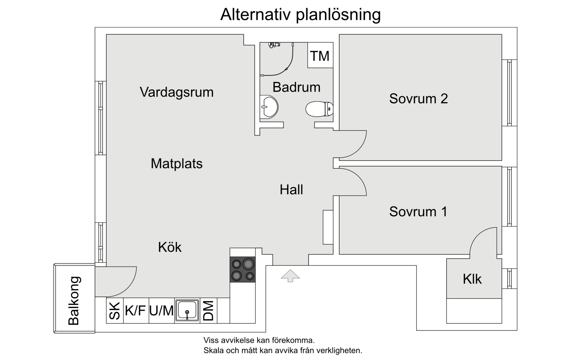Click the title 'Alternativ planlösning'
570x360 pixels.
click(300, 15)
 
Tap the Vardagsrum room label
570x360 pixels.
click(176, 92)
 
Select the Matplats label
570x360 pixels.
click(176, 163)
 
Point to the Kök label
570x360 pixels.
click(170, 247)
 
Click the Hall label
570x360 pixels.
click(291, 190)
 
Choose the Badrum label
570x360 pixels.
click(296, 87)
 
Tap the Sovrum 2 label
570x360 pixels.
click(418, 99)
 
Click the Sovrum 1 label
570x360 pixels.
click(418, 212)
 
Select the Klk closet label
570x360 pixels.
click(472, 279)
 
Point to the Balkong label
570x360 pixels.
click(74, 300)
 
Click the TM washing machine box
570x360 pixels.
click(320, 56)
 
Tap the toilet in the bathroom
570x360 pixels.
click(319, 109)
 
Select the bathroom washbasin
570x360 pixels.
click(269, 107)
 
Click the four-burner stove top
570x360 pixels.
click(242, 270)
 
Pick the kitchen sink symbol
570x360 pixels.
click(187, 311)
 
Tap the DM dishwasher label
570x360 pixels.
click(208, 311)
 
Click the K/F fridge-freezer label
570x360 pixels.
click(135, 311)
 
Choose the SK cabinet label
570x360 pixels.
click(115, 311)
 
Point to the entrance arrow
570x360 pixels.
click(290, 275)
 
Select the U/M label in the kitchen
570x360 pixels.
click(161, 311)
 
